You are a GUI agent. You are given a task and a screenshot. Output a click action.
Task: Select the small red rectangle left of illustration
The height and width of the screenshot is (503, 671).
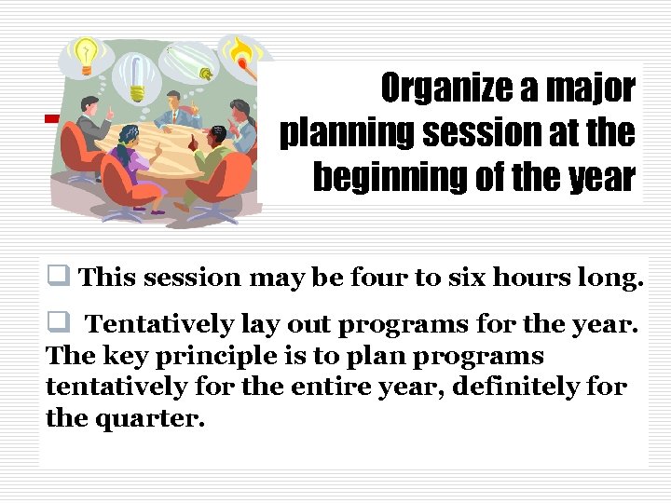51,118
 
